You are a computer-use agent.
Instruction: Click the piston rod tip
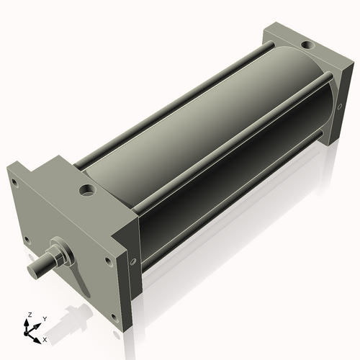33,269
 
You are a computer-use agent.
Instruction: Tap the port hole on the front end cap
88,192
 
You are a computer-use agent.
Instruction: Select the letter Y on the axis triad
44,318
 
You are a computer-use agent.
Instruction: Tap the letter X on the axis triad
45,338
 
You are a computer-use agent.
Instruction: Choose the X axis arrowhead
39,337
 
